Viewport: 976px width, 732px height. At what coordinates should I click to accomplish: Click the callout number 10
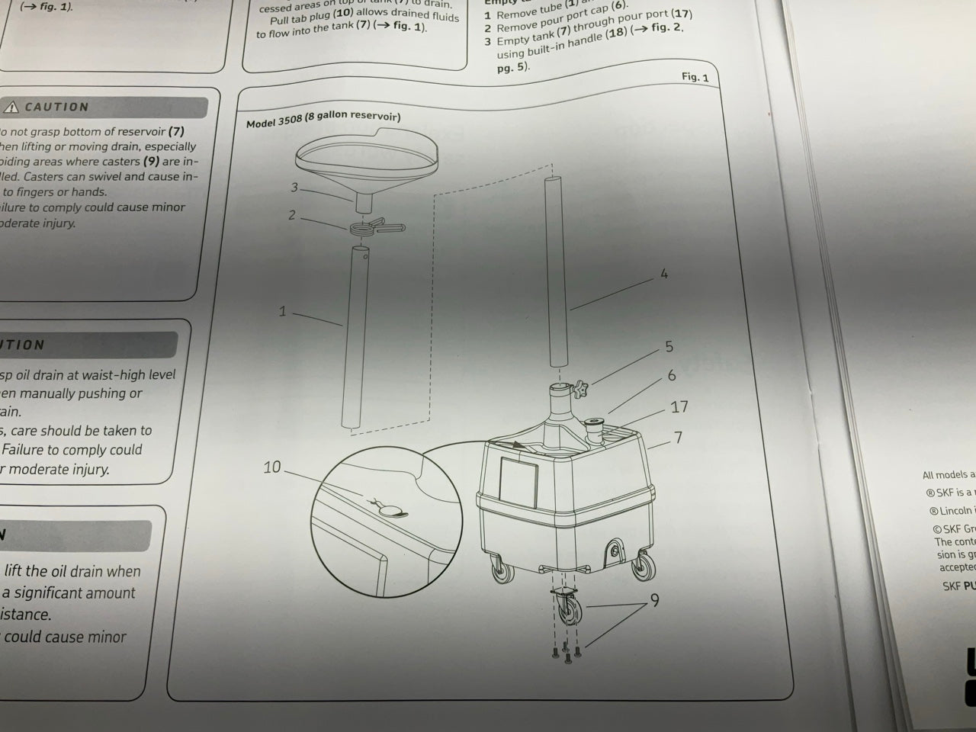[272, 467]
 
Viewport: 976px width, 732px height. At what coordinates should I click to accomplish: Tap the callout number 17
[679, 407]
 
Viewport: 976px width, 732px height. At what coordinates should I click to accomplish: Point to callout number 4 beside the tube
[664, 274]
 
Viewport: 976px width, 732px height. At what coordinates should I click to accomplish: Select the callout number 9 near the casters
[654, 601]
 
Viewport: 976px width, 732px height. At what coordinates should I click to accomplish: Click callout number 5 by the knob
[669, 347]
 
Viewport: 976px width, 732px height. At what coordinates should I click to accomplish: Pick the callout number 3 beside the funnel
[294, 188]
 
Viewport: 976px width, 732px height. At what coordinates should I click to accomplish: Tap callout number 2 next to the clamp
[291, 216]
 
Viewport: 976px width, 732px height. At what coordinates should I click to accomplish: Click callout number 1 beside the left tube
[282, 311]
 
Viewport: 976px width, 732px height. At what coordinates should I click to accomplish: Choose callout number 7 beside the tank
[678, 438]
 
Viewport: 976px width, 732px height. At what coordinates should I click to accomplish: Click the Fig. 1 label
[695, 77]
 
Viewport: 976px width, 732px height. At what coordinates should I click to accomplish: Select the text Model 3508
[274, 121]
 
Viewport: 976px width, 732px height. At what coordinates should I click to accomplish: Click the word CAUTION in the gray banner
[57, 108]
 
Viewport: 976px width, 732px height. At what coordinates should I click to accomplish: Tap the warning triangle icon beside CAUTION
[12, 108]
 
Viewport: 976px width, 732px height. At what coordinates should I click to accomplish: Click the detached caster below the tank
[567, 611]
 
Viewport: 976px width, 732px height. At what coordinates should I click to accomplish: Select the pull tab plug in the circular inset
[390, 510]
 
